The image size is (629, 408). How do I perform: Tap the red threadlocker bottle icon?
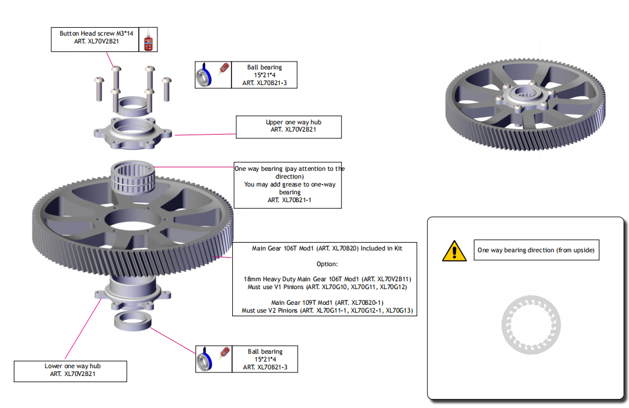point(148,40)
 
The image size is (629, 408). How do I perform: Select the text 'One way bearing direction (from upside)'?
point(536,250)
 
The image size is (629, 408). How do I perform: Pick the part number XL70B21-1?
point(289,200)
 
